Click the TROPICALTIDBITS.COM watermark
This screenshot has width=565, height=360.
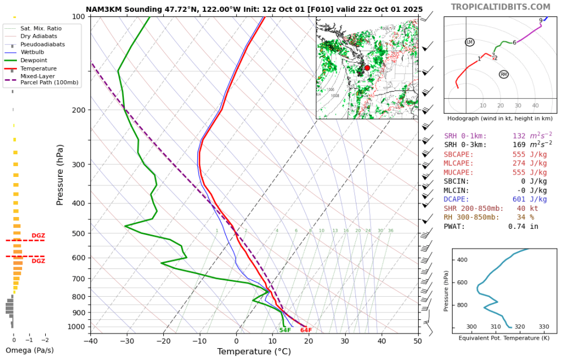click(500, 7)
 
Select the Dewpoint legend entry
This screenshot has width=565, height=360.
click(33, 60)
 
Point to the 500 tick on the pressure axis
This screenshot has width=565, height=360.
click(78, 233)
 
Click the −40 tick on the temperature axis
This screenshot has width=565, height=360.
click(90, 341)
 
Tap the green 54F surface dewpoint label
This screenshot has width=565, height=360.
click(285, 330)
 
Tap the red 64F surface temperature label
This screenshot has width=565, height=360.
click(306, 330)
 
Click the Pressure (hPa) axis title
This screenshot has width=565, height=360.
click(60, 175)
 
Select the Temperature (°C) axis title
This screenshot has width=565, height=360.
click(254, 352)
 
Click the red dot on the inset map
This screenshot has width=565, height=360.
click(367, 68)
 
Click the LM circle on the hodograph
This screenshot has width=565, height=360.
click(470, 42)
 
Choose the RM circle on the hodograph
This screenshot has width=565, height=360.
click(503, 74)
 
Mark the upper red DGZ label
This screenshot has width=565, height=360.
click(38, 236)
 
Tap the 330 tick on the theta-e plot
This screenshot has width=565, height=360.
click(544, 327)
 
